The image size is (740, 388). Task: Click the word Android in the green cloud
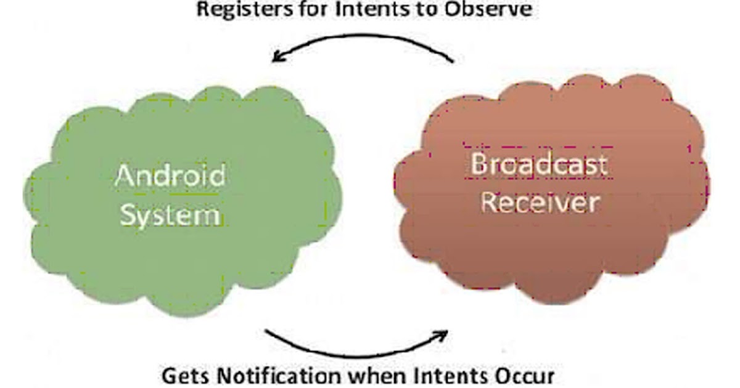point(171,177)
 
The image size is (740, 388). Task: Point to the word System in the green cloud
point(171,216)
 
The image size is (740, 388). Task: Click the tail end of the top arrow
point(453,61)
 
